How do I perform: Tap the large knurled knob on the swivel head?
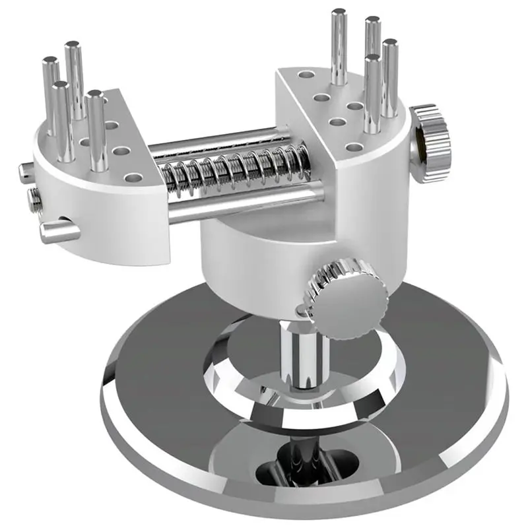coord(343,294)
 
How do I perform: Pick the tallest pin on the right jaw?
coord(339,46)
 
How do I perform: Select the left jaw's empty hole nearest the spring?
coord(135,177)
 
